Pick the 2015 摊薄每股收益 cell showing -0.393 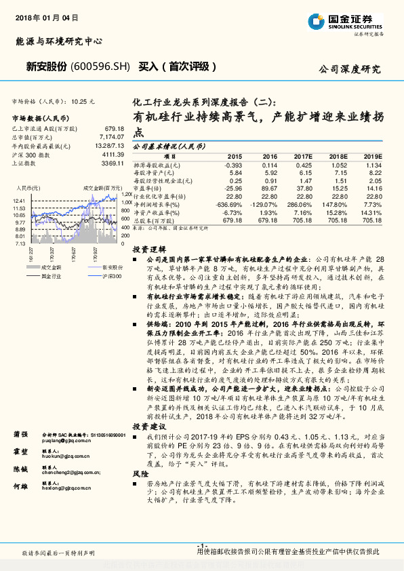[233, 165]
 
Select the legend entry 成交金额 [49, 268]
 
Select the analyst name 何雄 [20, 486]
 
